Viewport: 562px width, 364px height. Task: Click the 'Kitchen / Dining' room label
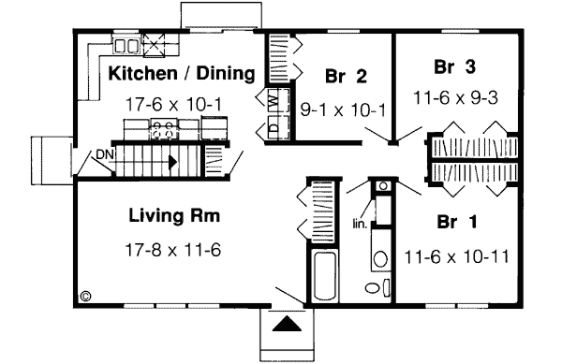click(x=181, y=73)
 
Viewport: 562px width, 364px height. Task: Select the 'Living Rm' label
click(x=175, y=217)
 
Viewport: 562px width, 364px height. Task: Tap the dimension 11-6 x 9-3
click(x=452, y=95)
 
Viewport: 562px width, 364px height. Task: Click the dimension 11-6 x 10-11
click(x=457, y=255)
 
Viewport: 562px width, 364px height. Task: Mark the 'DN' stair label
click(x=104, y=155)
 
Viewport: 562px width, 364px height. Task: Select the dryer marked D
click(x=274, y=127)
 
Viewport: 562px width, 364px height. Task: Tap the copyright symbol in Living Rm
click(x=85, y=296)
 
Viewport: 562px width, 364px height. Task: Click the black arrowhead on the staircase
click(x=172, y=161)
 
